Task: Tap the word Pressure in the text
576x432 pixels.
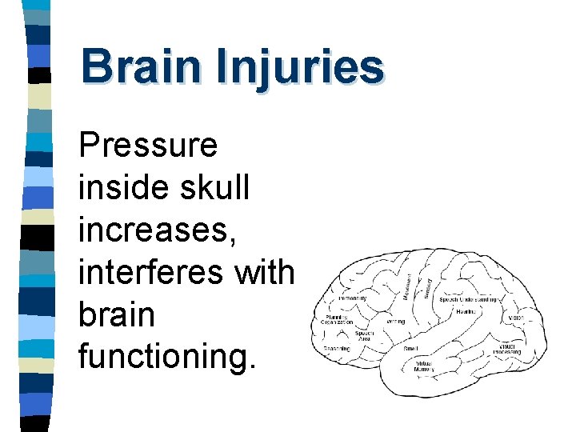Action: [x=148, y=146]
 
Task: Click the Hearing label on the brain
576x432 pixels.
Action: [x=466, y=311]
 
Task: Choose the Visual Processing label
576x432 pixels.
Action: [x=507, y=350]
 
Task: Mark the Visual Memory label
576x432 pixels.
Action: [x=424, y=366]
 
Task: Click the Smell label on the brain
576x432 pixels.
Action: [x=410, y=348]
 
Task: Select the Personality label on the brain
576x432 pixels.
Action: [x=353, y=298]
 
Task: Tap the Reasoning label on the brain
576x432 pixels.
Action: [x=337, y=348]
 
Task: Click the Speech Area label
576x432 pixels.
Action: [x=364, y=337]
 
